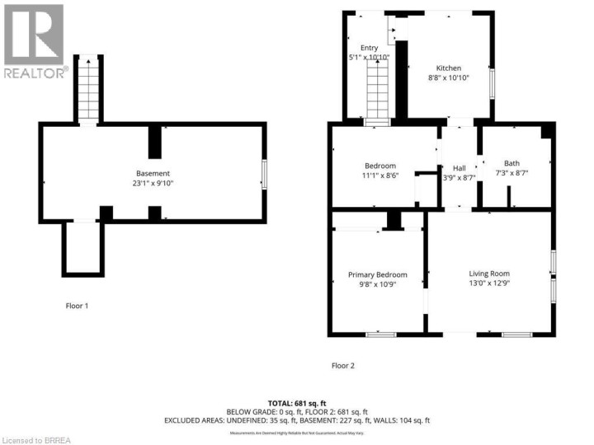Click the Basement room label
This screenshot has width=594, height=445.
click(x=153, y=173)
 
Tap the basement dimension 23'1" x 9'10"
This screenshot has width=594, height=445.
click(x=153, y=184)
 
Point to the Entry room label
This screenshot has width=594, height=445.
click(x=369, y=48)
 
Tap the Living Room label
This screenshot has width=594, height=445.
click(x=489, y=274)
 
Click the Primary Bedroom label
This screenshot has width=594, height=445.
click(x=377, y=274)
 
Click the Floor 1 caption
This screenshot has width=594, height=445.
click(x=77, y=306)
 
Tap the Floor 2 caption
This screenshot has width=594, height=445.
click(x=342, y=365)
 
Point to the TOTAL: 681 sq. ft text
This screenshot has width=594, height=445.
click(x=297, y=401)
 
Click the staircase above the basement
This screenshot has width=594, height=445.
click(x=88, y=91)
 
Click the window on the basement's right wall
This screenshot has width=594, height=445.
click(x=264, y=173)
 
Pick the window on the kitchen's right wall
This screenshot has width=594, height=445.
click(x=493, y=83)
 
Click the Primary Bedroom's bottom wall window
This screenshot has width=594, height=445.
click(x=380, y=334)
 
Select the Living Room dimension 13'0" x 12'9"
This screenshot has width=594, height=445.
click(x=489, y=284)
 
